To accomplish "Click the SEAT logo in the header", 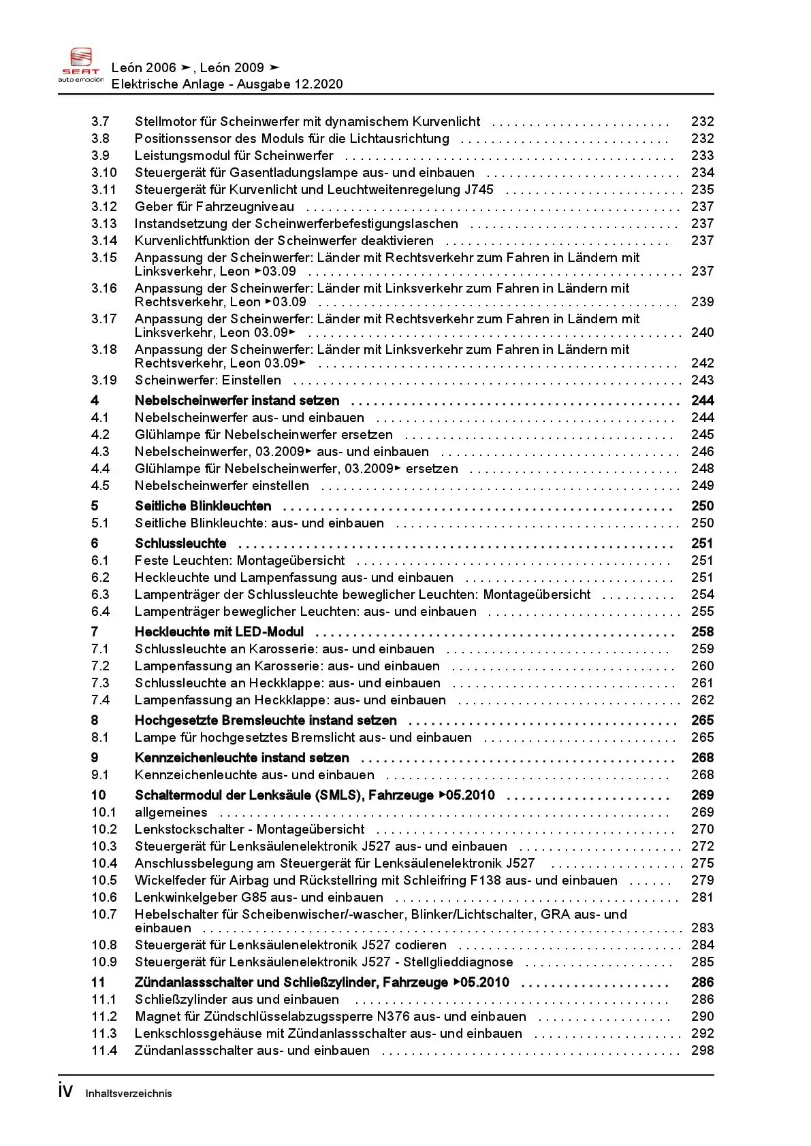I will click(80, 65).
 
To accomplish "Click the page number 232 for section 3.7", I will click(702, 122).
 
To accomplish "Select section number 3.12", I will click(104, 207).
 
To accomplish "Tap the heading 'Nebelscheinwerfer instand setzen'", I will click(236, 401).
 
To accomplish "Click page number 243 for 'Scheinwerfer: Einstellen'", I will click(702, 380).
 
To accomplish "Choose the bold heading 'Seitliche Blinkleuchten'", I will click(203, 506).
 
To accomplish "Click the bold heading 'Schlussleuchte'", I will click(180, 544).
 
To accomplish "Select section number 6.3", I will click(100, 595).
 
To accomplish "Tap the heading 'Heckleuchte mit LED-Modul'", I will click(219, 632).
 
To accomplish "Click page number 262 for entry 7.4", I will click(702, 700).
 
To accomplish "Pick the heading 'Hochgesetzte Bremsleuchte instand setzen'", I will click(266, 721).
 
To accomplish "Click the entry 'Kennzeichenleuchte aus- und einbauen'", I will click(254, 775).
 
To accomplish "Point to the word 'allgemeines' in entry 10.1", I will click(171, 813).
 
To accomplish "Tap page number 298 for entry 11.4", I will click(702, 1051).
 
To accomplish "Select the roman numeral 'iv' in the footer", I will click(65, 1091).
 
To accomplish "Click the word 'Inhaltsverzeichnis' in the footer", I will click(129, 1094).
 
